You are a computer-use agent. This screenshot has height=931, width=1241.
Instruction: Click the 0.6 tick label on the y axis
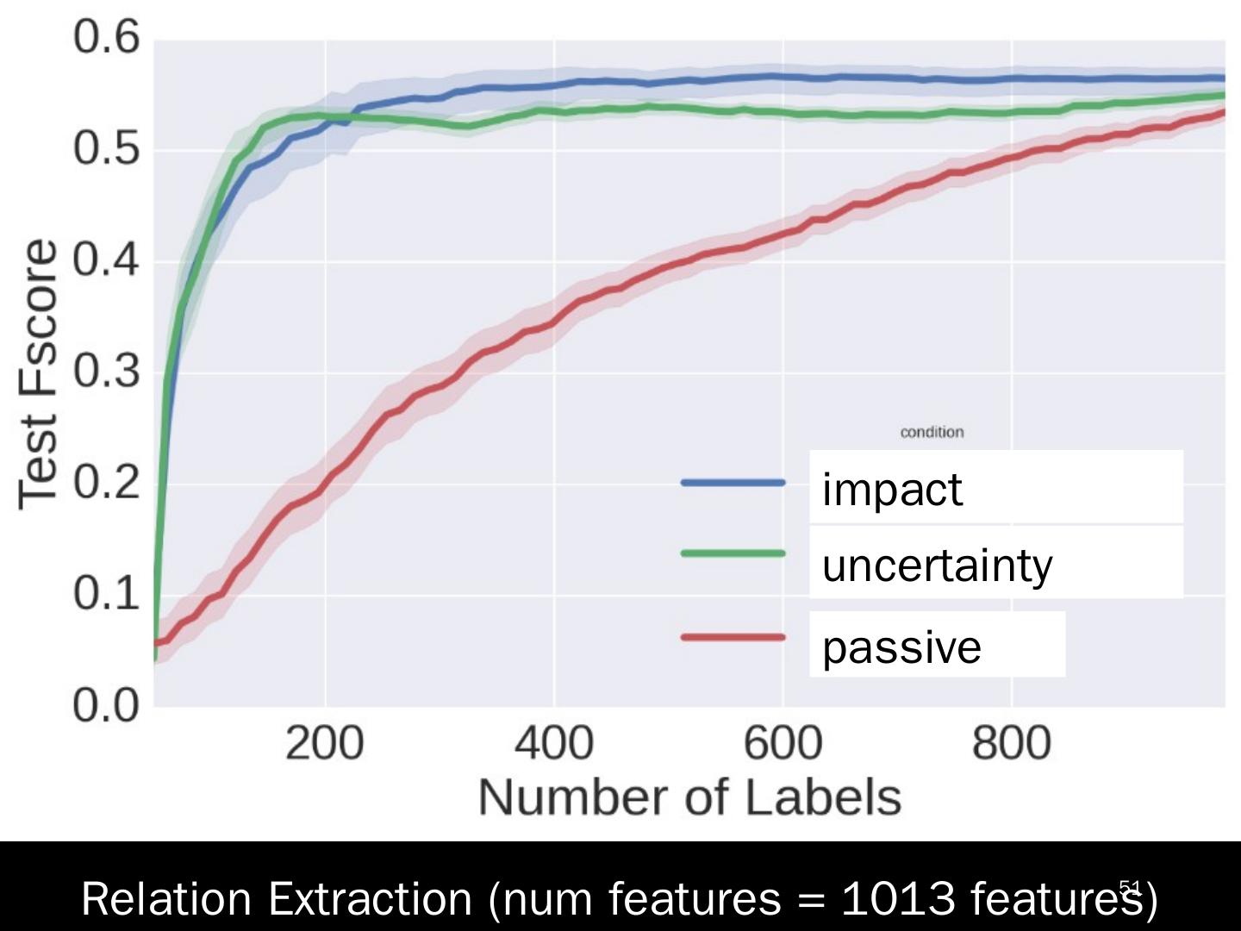[106, 38]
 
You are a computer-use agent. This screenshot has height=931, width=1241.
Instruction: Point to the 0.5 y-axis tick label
[106, 148]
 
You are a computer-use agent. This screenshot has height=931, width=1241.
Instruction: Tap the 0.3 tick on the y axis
[106, 372]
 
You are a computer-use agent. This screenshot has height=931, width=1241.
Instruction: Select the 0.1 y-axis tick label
[106, 593]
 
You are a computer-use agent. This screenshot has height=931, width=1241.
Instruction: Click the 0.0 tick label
[106, 706]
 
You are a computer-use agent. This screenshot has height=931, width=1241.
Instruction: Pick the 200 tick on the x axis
[325, 743]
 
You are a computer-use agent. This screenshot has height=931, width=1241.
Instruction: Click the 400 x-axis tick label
[553, 743]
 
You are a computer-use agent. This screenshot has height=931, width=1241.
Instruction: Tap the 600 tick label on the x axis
[783, 743]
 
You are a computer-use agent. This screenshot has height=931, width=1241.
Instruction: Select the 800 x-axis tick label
[1011, 743]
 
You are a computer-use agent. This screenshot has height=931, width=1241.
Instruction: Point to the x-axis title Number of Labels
[689, 797]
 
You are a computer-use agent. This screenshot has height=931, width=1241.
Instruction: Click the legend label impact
[892, 490]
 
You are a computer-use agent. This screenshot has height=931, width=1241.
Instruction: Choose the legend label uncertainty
[937, 565]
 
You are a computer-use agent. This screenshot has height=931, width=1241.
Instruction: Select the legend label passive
[901, 647]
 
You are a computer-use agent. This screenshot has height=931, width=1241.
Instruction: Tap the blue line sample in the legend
[733, 483]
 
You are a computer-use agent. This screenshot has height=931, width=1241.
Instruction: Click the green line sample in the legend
[733, 553]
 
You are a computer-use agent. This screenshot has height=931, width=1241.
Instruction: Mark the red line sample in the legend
[733, 638]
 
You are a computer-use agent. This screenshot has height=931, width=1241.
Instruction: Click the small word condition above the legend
[932, 432]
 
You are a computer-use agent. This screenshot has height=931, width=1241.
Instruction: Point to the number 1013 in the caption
[898, 899]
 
